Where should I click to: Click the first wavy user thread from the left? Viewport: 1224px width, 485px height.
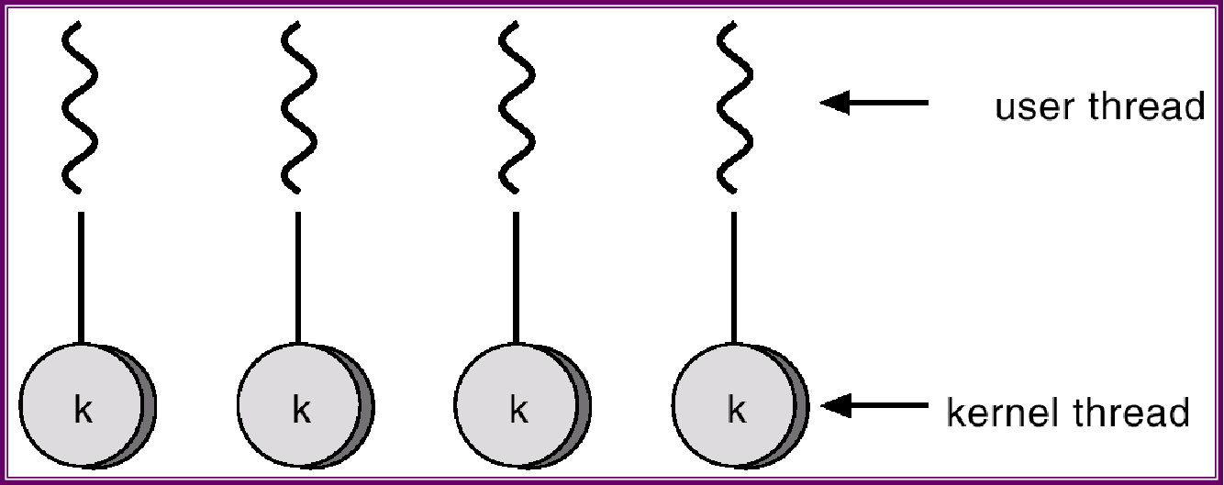[x=81, y=108]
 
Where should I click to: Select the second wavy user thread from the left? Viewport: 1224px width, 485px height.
[x=298, y=108]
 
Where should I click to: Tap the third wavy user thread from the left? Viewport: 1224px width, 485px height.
[x=516, y=108]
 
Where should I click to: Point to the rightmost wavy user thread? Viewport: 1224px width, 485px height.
[x=733, y=108]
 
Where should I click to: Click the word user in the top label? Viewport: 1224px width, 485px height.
[x=1033, y=107]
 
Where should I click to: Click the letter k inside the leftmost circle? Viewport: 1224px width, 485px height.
[x=83, y=410]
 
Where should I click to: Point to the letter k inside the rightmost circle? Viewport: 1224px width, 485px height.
[x=736, y=410]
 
